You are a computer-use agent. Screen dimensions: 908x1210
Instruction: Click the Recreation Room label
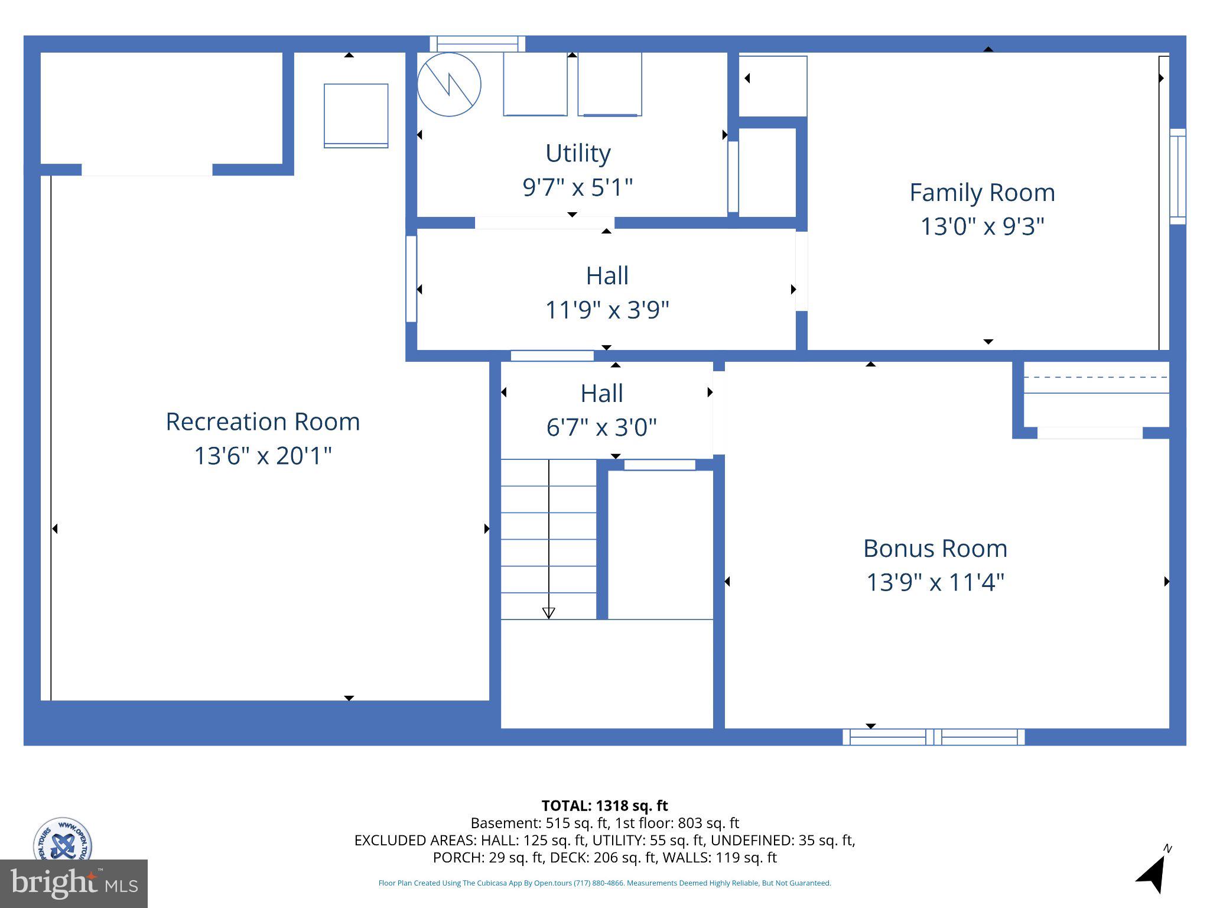click(x=262, y=421)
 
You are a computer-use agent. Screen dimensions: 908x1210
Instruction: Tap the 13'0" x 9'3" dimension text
click(x=982, y=226)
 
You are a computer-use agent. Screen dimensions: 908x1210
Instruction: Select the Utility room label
click(x=578, y=153)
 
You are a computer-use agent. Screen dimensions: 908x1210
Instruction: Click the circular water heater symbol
click(x=449, y=85)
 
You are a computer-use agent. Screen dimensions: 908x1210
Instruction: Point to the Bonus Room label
click(x=935, y=549)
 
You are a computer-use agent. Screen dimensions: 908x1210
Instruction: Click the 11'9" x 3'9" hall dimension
click(x=607, y=310)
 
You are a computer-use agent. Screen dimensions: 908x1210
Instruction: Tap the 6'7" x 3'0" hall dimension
click(x=601, y=427)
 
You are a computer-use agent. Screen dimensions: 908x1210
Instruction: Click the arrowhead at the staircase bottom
click(x=548, y=612)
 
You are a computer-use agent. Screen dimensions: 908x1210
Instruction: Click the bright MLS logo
click(x=73, y=883)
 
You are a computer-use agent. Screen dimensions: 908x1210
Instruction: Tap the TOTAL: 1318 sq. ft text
click(x=604, y=806)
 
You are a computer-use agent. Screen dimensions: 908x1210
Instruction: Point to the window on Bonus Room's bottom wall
click(x=933, y=737)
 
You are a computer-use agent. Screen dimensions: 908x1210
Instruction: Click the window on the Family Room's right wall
click(x=1178, y=176)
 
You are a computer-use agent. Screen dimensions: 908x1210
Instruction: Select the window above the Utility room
click(x=477, y=44)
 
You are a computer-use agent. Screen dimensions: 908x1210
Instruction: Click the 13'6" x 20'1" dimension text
click(x=262, y=456)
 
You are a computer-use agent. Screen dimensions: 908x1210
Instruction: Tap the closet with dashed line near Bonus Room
click(x=1096, y=394)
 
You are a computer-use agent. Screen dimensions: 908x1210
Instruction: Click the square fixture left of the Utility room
click(x=356, y=115)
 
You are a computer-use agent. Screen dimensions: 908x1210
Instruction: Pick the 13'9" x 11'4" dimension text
click(x=935, y=582)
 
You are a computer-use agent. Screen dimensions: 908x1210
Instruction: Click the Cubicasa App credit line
click(x=604, y=883)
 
